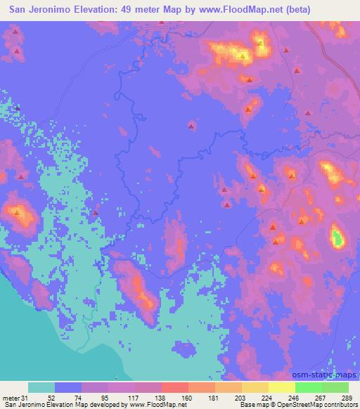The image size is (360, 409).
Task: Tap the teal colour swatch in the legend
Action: pyautogui.click(x=41, y=387)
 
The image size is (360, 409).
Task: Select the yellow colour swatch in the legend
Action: pyautogui.click(x=281, y=387)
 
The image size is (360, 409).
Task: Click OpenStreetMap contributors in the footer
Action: pyautogui.click(x=317, y=405)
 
